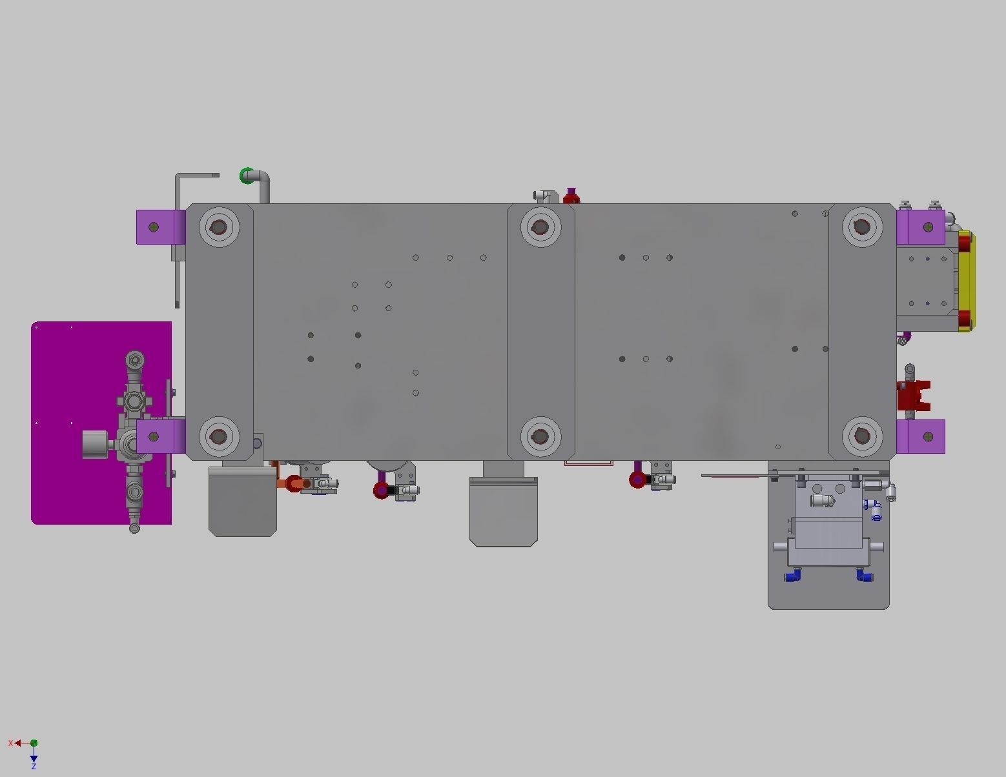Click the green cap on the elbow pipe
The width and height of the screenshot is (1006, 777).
click(x=246, y=176)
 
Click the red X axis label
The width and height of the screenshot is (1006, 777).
click(x=10, y=743)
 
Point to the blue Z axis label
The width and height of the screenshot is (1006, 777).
click(x=34, y=767)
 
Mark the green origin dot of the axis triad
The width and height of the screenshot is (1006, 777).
click(x=34, y=743)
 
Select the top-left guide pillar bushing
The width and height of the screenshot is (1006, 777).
click(x=219, y=227)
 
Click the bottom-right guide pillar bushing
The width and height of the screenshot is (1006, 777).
click(x=862, y=436)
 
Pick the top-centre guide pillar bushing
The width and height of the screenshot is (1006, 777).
click(x=540, y=227)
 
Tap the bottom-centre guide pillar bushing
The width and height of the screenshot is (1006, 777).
click(x=540, y=436)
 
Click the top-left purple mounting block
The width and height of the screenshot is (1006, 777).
click(x=158, y=227)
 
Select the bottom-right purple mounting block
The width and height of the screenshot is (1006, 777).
click(x=921, y=436)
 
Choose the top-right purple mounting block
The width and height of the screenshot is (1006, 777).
click(x=921, y=227)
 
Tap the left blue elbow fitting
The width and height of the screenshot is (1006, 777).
click(x=793, y=574)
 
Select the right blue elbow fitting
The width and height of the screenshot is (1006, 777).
click(x=863, y=574)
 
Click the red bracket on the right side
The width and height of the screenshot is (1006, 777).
click(x=913, y=396)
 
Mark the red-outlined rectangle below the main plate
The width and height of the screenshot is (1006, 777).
click(x=588, y=463)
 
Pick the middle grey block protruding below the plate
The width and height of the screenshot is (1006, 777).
click(x=503, y=510)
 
